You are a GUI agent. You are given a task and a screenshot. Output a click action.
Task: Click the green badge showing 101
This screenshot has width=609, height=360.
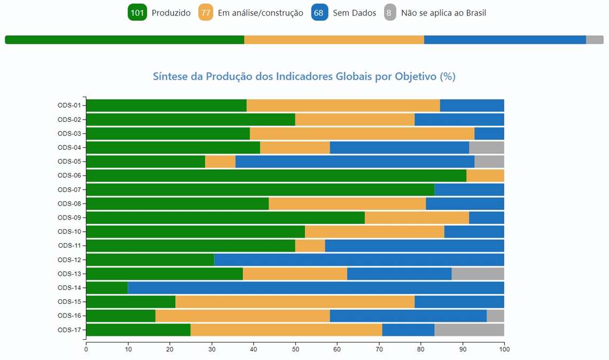click(x=137, y=13)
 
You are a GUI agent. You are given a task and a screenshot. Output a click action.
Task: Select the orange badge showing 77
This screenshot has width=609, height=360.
click(x=206, y=13)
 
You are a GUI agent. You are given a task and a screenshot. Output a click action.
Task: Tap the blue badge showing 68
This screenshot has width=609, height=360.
click(x=319, y=13)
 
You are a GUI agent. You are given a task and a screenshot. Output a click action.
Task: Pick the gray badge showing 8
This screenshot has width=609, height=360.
click(x=389, y=13)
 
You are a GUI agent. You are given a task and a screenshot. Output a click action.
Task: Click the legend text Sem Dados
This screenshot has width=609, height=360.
click(x=354, y=13)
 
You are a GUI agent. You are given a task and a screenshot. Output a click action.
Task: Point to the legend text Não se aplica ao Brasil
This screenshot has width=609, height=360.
click(x=443, y=13)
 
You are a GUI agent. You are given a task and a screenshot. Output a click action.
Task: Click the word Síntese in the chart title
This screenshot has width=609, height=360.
click(x=169, y=76)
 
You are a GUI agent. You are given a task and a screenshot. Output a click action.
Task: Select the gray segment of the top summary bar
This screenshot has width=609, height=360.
click(x=595, y=40)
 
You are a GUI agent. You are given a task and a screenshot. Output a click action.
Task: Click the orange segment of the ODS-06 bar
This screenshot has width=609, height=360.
click(x=485, y=175)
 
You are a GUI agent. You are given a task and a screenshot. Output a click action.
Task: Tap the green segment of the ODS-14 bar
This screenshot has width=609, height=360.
click(x=107, y=288)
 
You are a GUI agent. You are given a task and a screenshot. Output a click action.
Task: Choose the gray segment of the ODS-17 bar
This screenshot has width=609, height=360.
click(x=469, y=330)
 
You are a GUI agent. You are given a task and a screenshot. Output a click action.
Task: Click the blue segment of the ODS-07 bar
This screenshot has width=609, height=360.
click(x=469, y=190)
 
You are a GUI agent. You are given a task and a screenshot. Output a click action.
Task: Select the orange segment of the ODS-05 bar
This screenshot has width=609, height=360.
click(x=220, y=161)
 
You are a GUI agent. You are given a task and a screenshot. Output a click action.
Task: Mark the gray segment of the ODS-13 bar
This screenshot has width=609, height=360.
click(x=478, y=273)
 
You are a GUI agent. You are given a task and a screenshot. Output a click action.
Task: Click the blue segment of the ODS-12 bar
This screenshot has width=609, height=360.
click(x=359, y=260)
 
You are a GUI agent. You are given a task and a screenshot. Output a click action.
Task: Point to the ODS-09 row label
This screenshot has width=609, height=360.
click(x=69, y=217)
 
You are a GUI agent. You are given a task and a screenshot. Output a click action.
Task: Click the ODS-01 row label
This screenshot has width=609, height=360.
click(x=69, y=105)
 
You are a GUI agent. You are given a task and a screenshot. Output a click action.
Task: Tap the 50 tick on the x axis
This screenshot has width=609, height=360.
click(x=295, y=350)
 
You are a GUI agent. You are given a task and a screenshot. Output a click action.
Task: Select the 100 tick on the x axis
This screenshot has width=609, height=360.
click(x=504, y=350)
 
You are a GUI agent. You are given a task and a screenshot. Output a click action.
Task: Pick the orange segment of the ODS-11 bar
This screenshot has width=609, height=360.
click(x=310, y=246)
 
